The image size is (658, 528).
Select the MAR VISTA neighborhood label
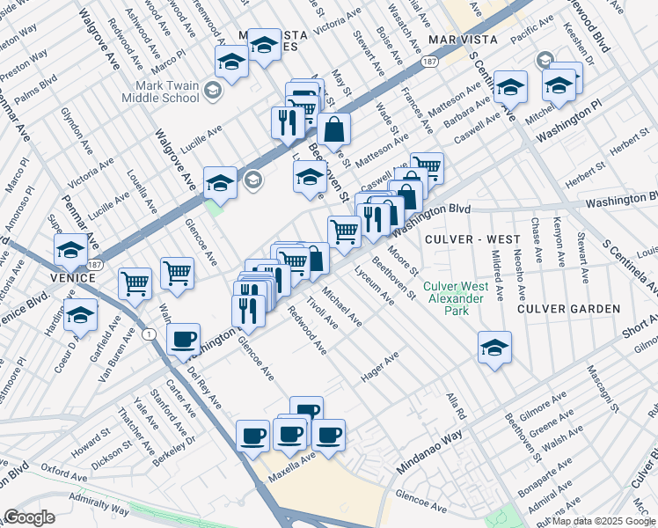click(463, 40)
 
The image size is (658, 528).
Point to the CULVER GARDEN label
click(568, 309)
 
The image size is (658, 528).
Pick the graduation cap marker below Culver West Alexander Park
click(495, 347)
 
